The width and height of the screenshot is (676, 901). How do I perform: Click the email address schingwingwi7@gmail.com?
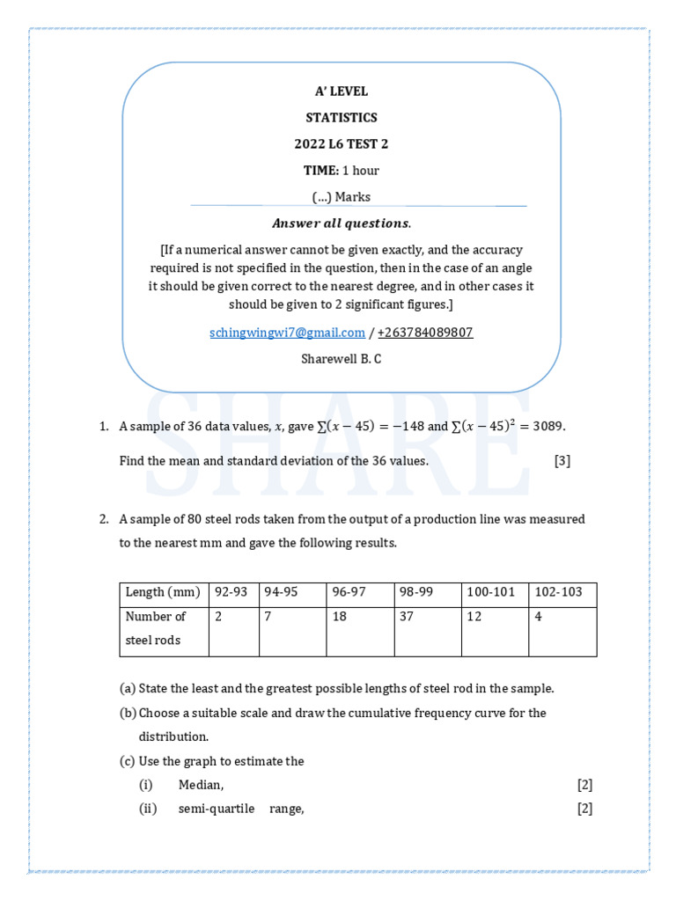(x=287, y=333)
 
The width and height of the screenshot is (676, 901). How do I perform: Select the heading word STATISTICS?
(x=342, y=118)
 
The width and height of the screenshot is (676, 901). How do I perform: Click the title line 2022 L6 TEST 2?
(x=342, y=144)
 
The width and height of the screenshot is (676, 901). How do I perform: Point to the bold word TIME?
(x=321, y=171)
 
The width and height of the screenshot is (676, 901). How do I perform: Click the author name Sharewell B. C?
(x=342, y=359)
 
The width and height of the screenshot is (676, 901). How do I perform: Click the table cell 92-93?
(x=232, y=592)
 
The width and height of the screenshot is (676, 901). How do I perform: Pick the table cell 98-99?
(x=417, y=592)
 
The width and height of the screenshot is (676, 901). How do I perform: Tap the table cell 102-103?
(x=559, y=592)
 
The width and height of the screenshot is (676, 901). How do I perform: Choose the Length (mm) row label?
(x=163, y=592)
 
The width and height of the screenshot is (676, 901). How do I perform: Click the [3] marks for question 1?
(x=562, y=461)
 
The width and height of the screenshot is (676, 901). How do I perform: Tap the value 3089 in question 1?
(x=545, y=427)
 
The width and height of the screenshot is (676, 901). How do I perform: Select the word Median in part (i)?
(x=201, y=785)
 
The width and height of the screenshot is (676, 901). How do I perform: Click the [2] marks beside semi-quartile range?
(x=584, y=809)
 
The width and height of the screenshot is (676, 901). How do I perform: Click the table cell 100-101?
(x=490, y=592)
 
